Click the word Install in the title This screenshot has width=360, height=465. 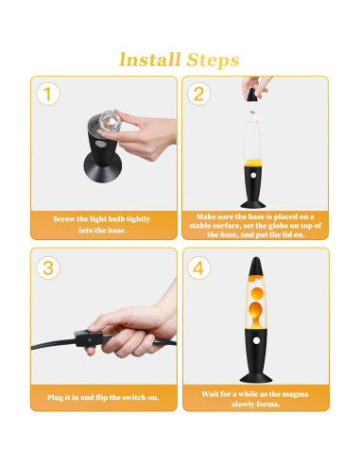(150, 60)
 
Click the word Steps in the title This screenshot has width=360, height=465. (213, 60)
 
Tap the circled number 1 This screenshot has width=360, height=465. (48, 94)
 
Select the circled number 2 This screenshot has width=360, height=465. (198, 94)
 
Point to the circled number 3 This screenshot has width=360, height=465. (48, 268)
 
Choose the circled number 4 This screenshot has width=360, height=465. (198, 268)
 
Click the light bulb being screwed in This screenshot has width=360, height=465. (111, 120)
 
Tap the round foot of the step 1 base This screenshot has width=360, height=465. (103, 168)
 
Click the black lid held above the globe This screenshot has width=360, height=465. (252, 95)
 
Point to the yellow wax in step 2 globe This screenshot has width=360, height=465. (253, 163)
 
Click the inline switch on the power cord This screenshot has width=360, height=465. (89, 338)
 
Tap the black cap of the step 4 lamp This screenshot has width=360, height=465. (256, 267)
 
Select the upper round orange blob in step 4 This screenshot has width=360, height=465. (257, 293)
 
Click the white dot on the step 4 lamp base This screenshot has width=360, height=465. (256, 340)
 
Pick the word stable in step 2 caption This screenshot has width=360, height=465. (200, 226)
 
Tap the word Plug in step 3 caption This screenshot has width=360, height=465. (55, 398)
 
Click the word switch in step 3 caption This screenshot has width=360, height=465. (134, 397)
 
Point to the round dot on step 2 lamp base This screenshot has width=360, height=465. (253, 174)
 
